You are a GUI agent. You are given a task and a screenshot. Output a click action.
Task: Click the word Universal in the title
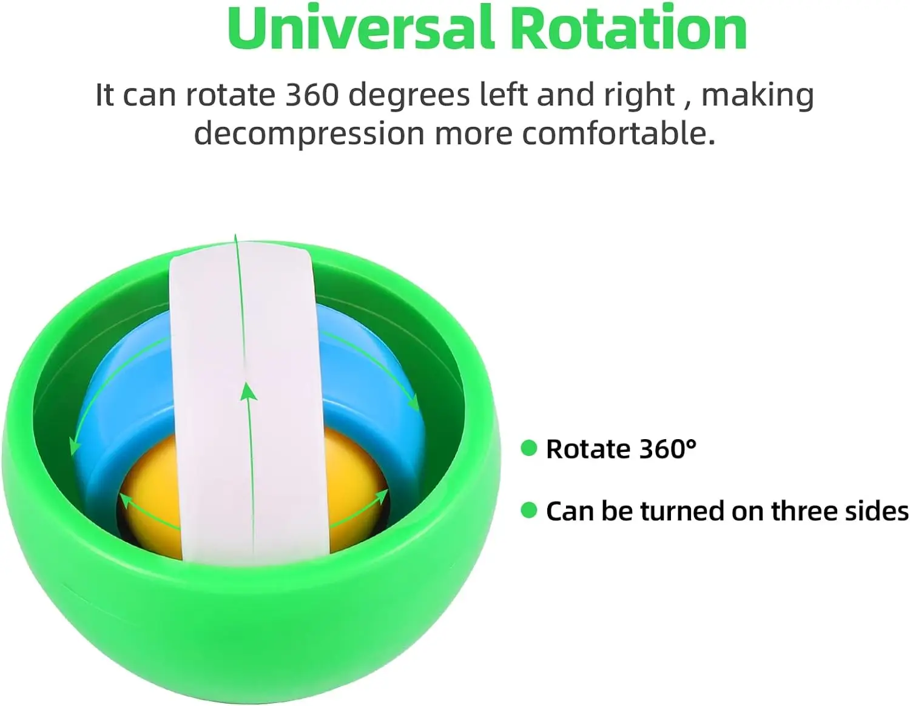(362, 28)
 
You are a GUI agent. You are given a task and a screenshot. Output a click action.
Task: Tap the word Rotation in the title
(629, 28)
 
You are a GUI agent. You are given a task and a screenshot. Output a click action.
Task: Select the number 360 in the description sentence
(312, 95)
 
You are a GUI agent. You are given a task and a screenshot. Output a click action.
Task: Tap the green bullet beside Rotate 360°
(529, 448)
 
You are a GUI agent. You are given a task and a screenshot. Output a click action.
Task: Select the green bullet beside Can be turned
(529, 510)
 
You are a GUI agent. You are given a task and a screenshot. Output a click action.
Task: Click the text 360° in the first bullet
(669, 449)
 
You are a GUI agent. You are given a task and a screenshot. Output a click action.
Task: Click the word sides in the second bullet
(877, 511)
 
